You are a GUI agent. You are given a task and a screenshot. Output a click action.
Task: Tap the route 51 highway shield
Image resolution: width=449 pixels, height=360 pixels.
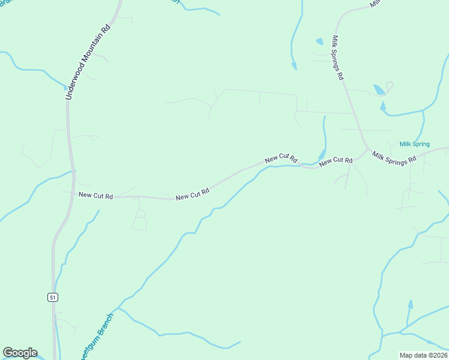pos(53,297)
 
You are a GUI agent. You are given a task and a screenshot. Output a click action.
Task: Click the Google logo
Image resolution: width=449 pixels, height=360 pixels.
pos(20,353)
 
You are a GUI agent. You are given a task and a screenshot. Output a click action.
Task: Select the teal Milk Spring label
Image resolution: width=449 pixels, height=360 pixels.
pos(415,145)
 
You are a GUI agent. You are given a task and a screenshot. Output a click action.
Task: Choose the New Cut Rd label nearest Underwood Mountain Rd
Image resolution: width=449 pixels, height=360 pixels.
pos(95,195)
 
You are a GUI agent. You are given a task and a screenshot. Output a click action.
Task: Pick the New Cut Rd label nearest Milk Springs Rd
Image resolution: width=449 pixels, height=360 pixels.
pos(336,161)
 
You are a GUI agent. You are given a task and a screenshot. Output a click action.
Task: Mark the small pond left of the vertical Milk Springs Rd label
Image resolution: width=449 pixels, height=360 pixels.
pos(319,42)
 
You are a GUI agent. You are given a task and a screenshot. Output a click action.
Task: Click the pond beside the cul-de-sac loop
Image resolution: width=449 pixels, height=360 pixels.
pos(379,90)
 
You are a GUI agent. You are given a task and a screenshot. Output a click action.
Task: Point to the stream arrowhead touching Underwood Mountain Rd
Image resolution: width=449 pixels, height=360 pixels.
pos(66,87)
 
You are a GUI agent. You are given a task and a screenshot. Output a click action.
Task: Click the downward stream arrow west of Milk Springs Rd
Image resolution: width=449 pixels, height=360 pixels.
pos(294,65)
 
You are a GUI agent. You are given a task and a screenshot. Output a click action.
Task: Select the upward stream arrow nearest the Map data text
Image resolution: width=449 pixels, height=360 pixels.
pos(410,305)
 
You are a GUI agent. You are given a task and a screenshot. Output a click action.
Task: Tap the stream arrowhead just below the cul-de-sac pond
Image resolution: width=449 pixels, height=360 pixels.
pos(382,106)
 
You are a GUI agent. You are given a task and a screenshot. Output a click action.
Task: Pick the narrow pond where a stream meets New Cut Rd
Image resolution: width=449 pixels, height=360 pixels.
pos(322,154)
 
